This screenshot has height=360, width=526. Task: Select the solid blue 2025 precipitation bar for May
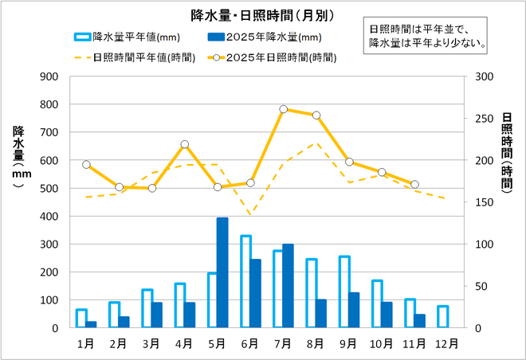point(222,272)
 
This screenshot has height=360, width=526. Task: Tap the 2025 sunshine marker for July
point(284,109)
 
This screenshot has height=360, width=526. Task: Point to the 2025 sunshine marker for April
point(185,144)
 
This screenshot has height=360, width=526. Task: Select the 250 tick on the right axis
point(484,119)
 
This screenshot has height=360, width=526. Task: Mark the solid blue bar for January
point(92,324)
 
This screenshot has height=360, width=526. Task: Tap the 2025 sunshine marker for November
point(414,185)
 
